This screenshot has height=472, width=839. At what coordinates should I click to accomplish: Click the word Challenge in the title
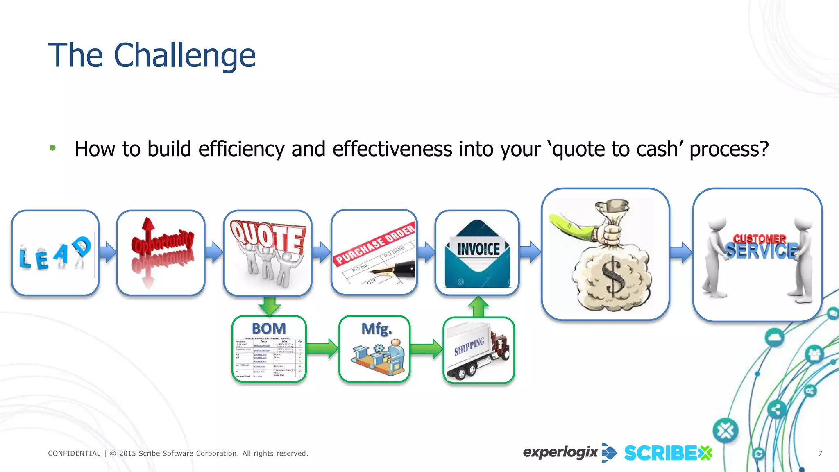click(184, 56)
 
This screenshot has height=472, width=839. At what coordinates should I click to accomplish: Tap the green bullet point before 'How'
click(52, 148)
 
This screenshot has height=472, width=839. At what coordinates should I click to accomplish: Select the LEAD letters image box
click(55, 253)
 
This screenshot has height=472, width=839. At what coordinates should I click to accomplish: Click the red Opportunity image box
click(161, 253)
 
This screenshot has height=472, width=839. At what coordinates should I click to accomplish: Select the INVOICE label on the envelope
click(478, 249)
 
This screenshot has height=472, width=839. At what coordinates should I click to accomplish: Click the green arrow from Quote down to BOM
click(269, 306)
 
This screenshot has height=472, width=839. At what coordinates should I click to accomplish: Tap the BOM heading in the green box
click(269, 329)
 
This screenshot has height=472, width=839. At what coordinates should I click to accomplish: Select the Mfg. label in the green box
click(376, 329)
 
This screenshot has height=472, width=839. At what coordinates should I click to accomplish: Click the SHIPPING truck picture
click(478, 350)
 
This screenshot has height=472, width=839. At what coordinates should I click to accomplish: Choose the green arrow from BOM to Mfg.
click(322, 348)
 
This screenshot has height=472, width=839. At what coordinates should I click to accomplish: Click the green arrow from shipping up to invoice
click(478, 306)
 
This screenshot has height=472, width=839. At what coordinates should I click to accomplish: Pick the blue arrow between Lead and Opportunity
click(108, 252)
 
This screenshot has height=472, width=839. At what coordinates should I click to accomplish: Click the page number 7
click(820, 453)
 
